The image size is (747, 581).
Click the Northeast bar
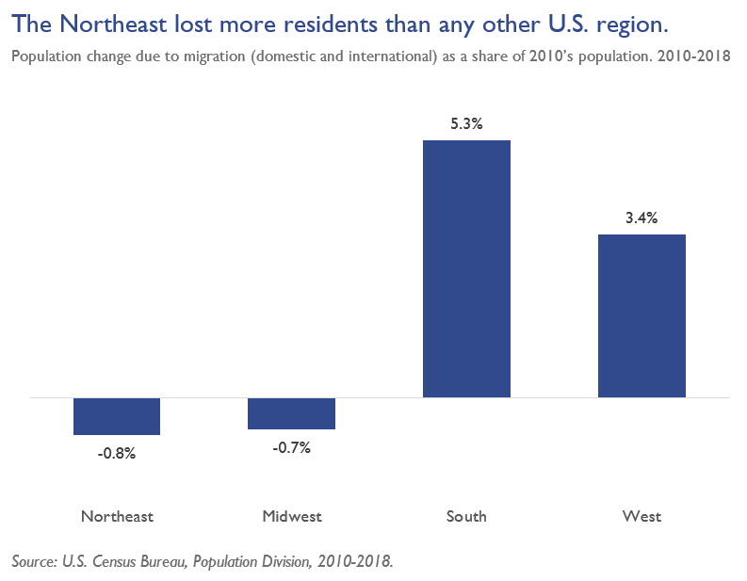pyautogui.click(x=117, y=416)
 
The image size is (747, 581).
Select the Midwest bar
pyautogui.click(x=291, y=413)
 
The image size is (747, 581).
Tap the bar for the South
pyautogui.click(x=466, y=268)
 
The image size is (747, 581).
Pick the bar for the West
pyautogui.click(x=641, y=315)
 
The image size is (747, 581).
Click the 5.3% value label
pyautogui.click(x=466, y=123)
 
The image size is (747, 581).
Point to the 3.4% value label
pyautogui.click(x=641, y=218)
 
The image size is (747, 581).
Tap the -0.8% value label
pyautogui.click(x=117, y=453)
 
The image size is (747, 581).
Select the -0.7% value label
pyautogui.click(x=291, y=447)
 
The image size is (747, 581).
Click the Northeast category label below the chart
pyautogui.click(x=117, y=516)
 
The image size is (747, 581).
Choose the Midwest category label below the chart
pyautogui.click(x=291, y=516)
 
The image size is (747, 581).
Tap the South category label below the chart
pyautogui.click(x=466, y=516)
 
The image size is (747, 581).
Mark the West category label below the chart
pyautogui.click(x=641, y=516)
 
